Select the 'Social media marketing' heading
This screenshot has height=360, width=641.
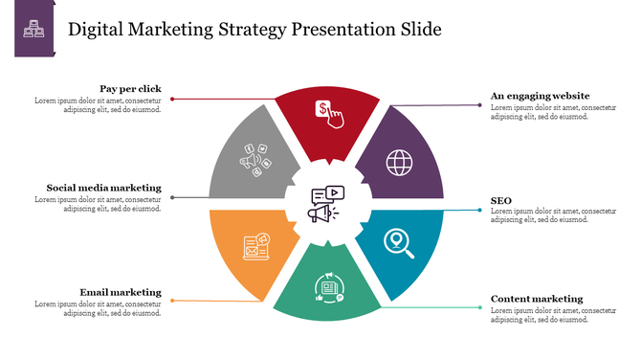coord(103,188)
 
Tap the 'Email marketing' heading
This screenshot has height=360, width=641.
coord(121,292)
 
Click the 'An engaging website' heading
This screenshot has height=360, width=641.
coord(540,96)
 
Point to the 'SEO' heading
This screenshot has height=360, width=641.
coord(501,200)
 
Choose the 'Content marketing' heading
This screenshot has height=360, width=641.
coord(536,299)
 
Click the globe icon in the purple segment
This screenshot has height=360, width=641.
coord(399,162)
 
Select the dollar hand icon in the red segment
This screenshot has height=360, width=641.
coord(330,114)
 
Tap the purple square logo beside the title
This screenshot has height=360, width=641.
coord(34,30)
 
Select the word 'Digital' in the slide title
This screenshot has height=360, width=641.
coord(98,30)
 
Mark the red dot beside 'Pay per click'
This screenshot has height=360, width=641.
coord(172,99)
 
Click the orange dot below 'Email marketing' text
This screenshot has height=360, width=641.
coord(172,301)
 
